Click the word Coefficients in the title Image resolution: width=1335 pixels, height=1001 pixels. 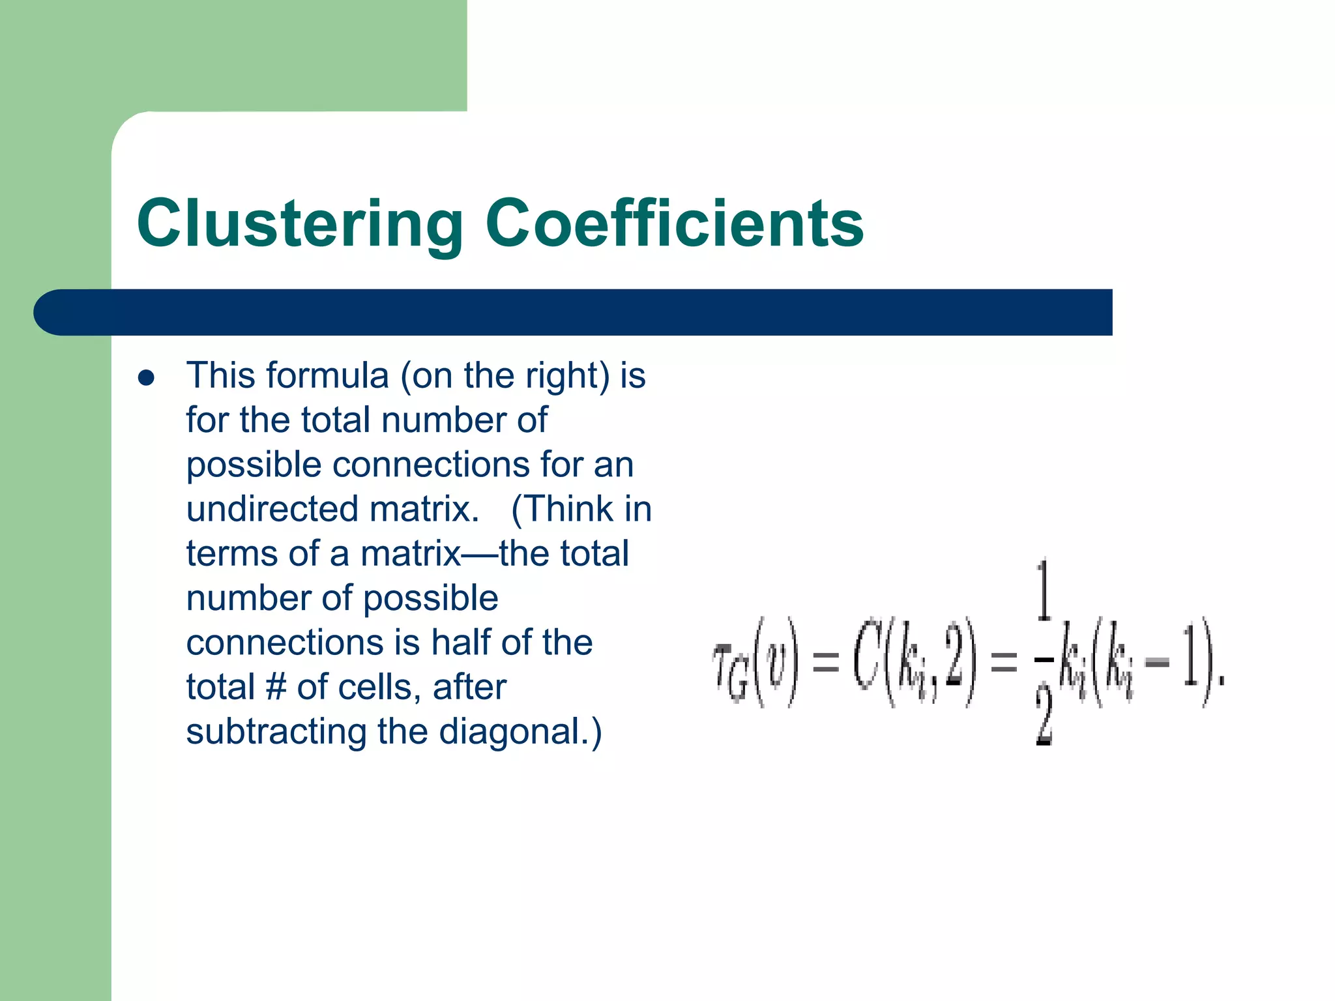click(675, 224)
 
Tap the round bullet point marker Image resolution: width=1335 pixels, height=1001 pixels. click(147, 378)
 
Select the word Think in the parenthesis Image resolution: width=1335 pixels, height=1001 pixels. click(565, 509)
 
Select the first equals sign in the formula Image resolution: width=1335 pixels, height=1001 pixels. click(826, 663)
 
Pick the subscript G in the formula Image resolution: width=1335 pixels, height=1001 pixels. click(738, 684)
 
